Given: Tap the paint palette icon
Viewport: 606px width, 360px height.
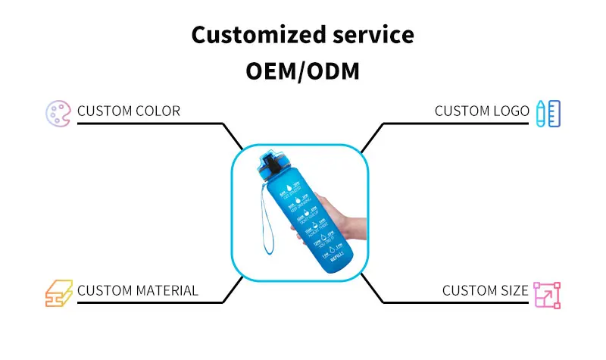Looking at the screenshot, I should tap(58, 112).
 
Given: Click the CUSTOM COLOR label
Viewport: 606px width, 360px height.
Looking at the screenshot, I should tap(129, 111).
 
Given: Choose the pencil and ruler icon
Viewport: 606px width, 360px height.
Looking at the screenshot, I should tap(548, 112).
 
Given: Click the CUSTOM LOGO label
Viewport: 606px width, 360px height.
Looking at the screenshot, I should tap(482, 111).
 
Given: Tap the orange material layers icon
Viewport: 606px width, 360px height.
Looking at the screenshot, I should tap(58, 292).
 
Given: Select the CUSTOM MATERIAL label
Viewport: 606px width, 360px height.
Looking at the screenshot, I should tap(138, 291).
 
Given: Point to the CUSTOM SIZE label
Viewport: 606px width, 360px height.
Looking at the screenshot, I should tap(486, 291).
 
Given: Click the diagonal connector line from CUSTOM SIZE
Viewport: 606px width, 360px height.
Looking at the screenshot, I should tap(372, 289).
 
